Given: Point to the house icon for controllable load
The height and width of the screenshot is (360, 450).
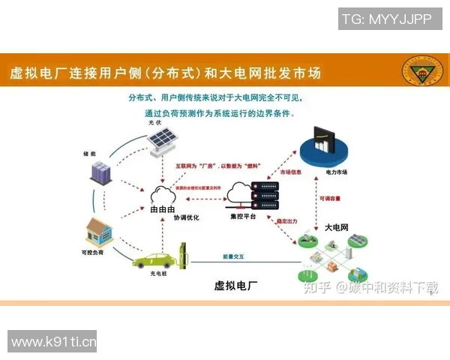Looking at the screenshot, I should point(99,231).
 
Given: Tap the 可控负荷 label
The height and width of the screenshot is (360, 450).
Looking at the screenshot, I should point(93,253).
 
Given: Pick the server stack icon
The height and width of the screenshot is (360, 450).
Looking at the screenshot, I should point(264,196).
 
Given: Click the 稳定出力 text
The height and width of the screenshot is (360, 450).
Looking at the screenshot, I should point(289,221).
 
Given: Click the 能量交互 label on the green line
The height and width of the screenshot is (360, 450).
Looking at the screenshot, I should point(233,256).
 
